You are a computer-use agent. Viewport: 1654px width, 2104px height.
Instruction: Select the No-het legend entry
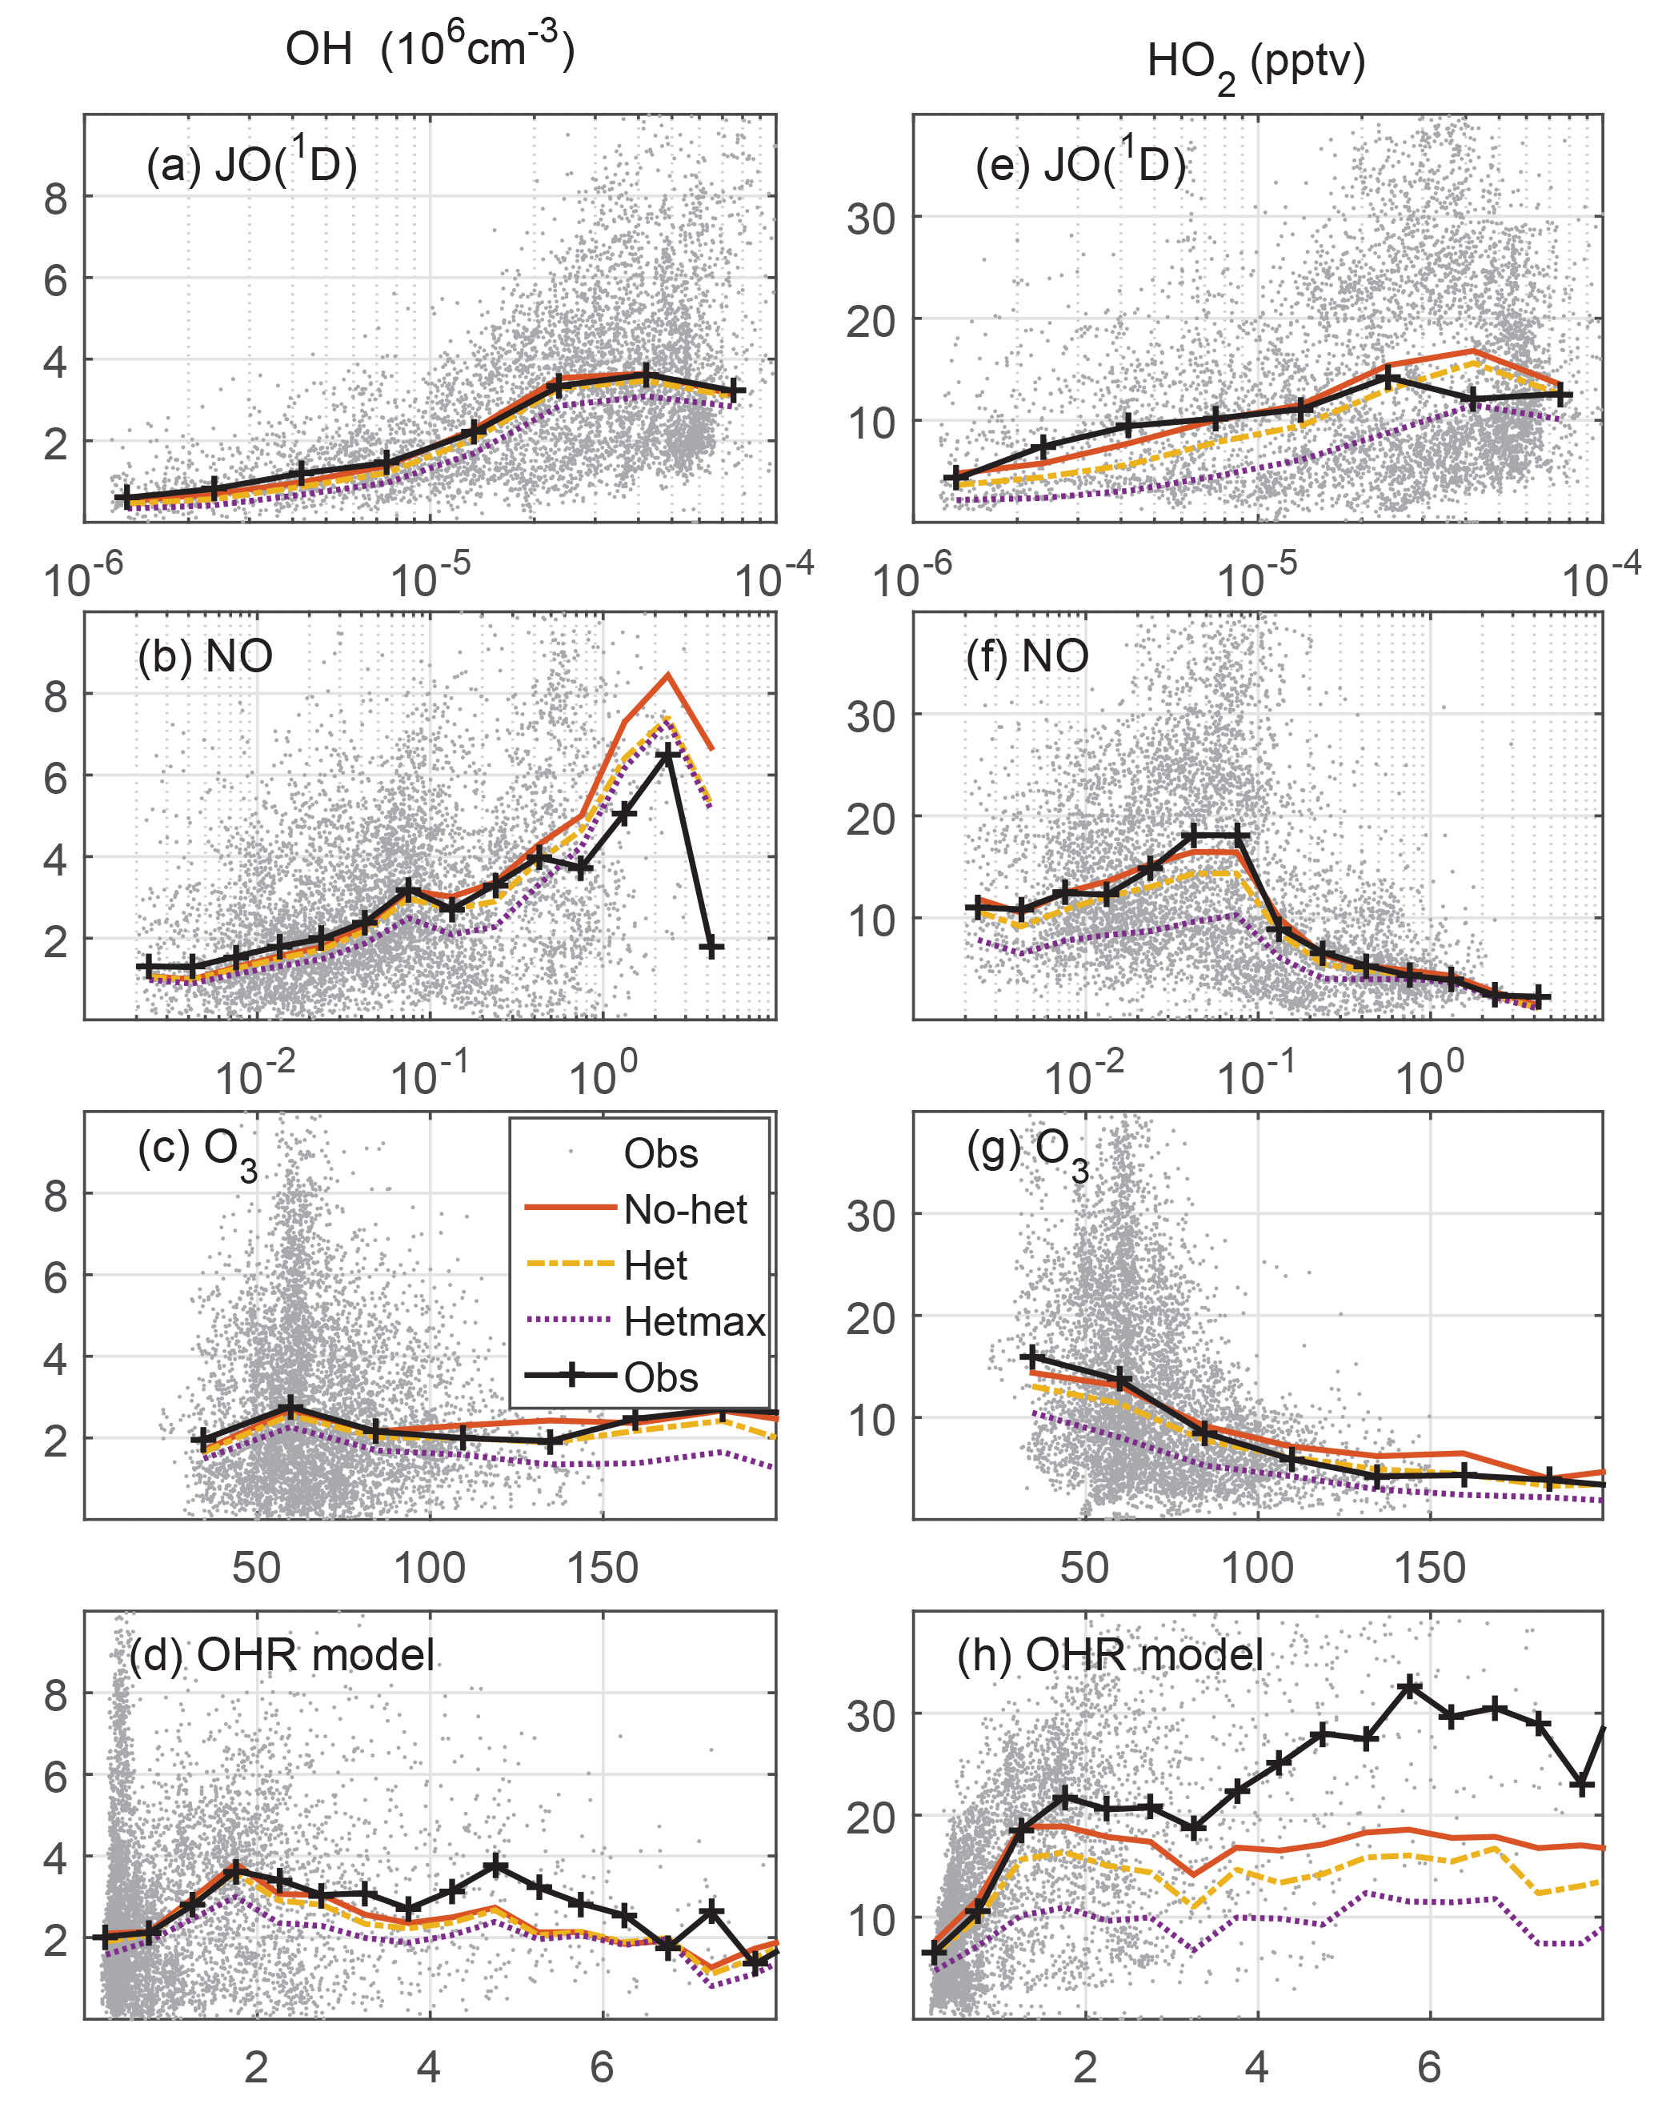coord(685,1209)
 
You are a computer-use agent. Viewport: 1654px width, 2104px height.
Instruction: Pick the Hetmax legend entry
coord(693,1321)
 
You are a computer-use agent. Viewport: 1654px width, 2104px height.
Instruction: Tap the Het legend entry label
coord(655,1265)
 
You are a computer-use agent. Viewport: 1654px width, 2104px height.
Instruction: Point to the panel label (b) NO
coord(206,657)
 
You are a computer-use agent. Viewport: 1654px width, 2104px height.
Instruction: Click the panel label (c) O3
coord(198,1152)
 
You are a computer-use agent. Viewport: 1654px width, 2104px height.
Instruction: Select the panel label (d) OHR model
coord(282,1655)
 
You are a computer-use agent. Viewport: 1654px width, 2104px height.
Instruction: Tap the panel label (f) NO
coord(1027,657)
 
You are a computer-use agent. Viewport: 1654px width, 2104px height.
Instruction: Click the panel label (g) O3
coord(1027,1152)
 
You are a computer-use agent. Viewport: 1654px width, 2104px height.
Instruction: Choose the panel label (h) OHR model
coord(1110,1655)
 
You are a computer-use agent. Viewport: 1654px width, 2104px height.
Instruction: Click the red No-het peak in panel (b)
coord(667,675)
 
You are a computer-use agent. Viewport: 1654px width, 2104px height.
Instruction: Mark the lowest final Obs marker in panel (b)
coord(711,947)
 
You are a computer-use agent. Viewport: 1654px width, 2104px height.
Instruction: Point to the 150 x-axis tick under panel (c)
coord(603,1569)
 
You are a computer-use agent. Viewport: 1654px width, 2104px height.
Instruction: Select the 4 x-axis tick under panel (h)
coord(1257,2066)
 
